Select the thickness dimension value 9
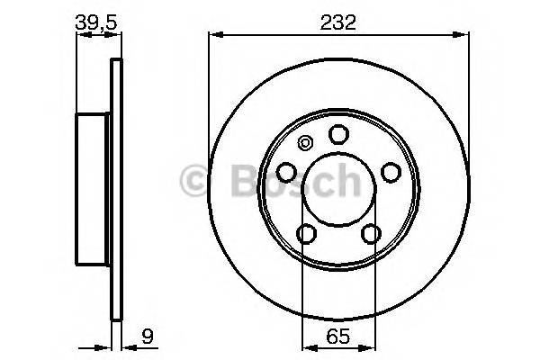(145, 341)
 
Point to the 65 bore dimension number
(338, 341)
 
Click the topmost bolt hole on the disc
(338, 134)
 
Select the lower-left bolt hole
(307, 234)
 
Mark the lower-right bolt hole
(370, 234)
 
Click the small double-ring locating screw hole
(304, 141)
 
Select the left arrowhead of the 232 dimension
(214, 35)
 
